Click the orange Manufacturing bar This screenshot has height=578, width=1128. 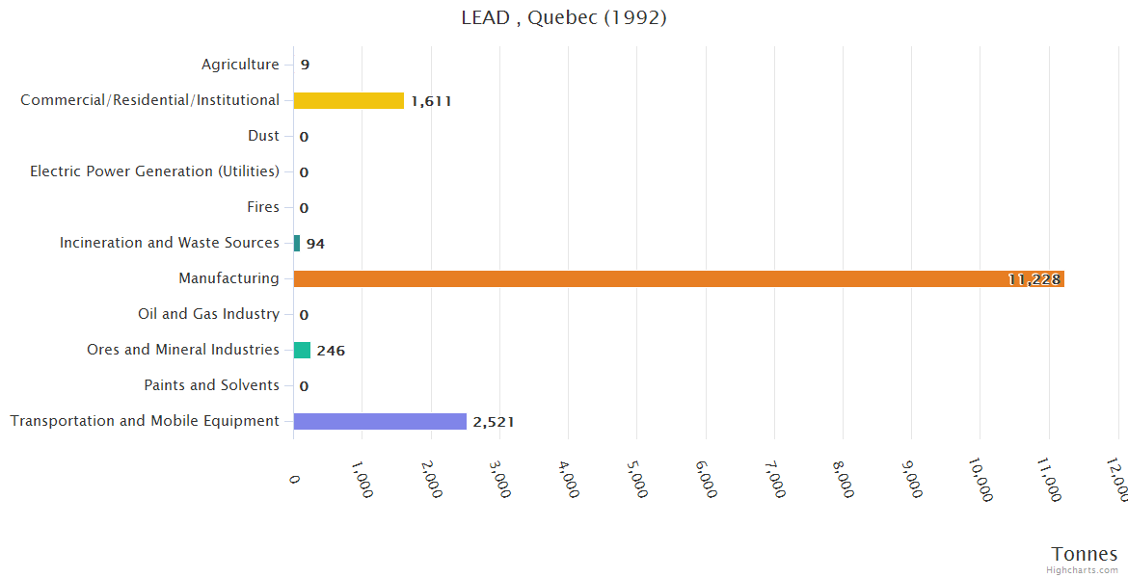click(675, 278)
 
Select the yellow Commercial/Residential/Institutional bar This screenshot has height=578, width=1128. click(348, 100)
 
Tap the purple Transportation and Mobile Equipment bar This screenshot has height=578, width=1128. click(380, 421)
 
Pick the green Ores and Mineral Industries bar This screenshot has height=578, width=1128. click(302, 350)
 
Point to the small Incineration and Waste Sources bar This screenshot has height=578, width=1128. click(297, 243)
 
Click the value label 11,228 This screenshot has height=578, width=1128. click(1034, 279)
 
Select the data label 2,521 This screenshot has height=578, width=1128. click(494, 422)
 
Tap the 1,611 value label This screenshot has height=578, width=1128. click(431, 101)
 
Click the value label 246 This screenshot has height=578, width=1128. click(331, 351)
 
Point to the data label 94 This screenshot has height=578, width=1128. click(315, 244)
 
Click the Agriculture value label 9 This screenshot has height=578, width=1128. click(305, 66)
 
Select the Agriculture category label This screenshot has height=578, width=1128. click(240, 65)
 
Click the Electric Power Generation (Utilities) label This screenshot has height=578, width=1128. click(154, 171)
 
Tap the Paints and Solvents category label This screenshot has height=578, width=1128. click(211, 385)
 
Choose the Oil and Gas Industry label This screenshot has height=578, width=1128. click(208, 314)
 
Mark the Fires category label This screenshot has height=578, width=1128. click(263, 207)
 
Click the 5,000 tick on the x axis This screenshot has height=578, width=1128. click(637, 477)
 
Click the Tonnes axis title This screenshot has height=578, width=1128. click(1084, 554)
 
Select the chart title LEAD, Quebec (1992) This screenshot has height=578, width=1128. click(564, 17)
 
